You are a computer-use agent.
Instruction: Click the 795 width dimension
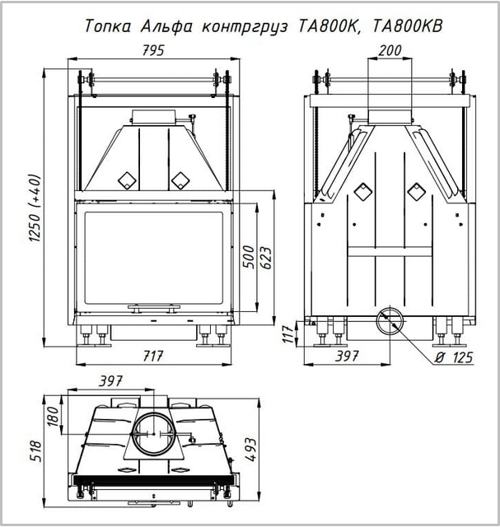pyautogui.click(x=153, y=50)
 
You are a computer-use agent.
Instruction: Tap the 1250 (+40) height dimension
pyautogui.click(x=35, y=208)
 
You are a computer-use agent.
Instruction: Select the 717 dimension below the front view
pyautogui.click(x=153, y=357)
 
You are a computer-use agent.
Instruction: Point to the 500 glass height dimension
pyautogui.click(x=249, y=257)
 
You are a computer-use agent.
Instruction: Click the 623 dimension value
pyautogui.click(x=265, y=258)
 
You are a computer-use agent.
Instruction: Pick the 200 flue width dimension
pyautogui.click(x=390, y=50)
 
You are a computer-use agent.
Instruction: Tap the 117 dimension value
pyautogui.click(x=288, y=333)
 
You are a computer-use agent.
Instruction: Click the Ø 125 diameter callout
pyautogui.click(x=453, y=357)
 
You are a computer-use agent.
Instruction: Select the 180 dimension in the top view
pyautogui.click(x=53, y=416)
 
